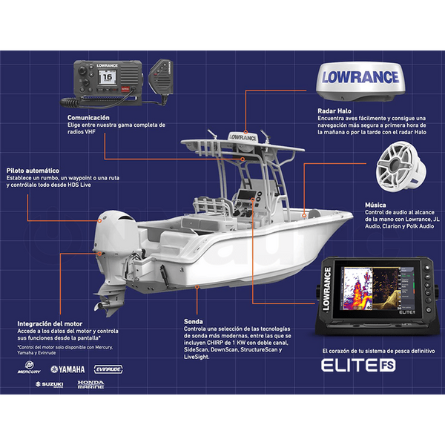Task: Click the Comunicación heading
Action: (89, 117)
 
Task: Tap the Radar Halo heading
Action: (334, 110)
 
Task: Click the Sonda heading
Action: (194, 321)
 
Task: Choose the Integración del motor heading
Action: (49, 323)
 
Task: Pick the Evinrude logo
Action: (108, 369)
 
